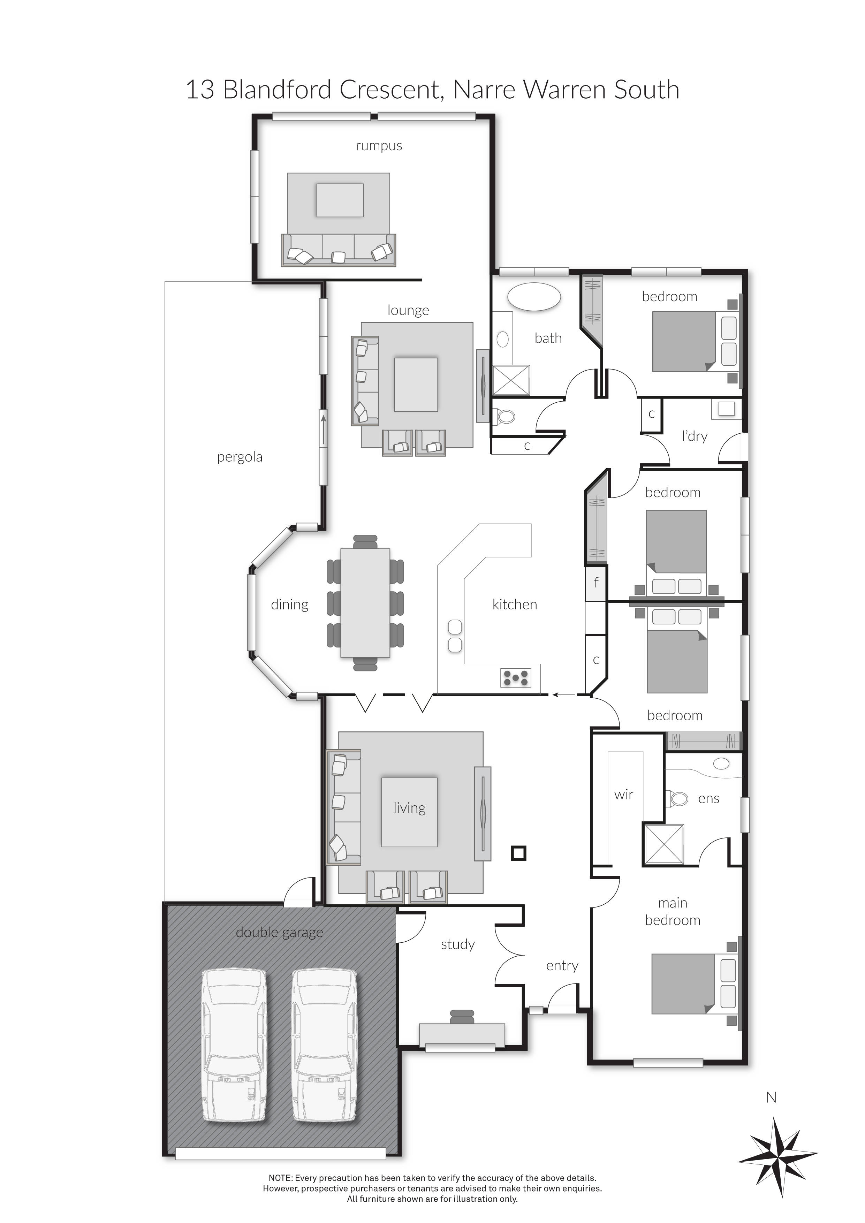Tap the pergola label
[x=240, y=457]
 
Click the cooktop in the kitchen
[x=516, y=677]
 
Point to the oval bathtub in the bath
[x=534, y=297]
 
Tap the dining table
[x=365, y=602]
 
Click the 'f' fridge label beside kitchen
[x=596, y=582]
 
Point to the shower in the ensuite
[x=664, y=844]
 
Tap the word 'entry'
[x=562, y=966]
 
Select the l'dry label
[x=695, y=436]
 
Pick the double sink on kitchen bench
[x=455, y=636]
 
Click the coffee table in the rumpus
[x=340, y=200]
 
